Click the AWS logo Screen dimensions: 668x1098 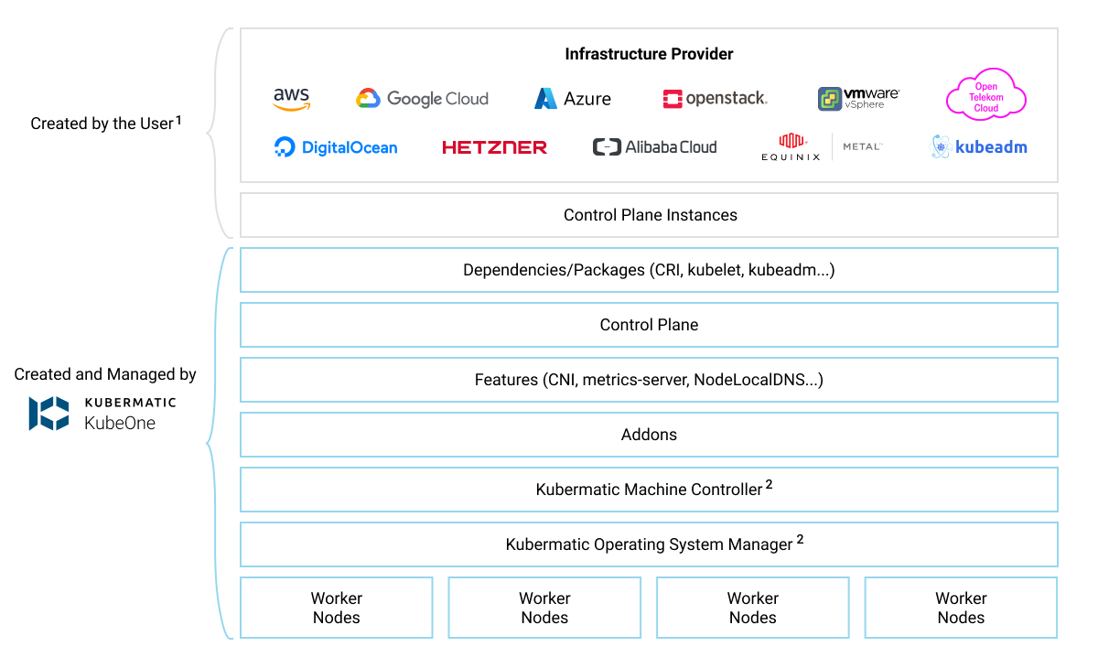click(291, 99)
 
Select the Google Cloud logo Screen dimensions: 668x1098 click(422, 99)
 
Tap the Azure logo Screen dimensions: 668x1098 click(573, 99)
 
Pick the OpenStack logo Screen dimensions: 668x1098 click(715, 99)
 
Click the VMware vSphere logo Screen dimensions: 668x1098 click(858, 99)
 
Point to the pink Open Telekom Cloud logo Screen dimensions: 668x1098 click(985, 96)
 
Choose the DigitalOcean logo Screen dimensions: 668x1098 click(336, 147)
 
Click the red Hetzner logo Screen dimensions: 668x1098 click(494, 147)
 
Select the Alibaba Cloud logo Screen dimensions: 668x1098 click(654, 147)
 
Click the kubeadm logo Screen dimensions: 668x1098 click(979, 147)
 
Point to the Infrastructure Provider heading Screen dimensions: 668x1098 click(649, 54)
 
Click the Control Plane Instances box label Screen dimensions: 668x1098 click(650, 215)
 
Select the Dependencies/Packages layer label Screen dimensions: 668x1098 click(649, 270)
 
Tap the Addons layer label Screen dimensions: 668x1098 click(649, 435)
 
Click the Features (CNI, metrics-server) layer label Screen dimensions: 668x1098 click(649, 380)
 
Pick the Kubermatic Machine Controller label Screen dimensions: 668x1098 click(649, 490)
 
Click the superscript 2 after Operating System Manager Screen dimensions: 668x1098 click(800, 540)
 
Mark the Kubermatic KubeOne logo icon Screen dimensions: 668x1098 click(48, 414)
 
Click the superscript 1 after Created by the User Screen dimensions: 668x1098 click(178, 119)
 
